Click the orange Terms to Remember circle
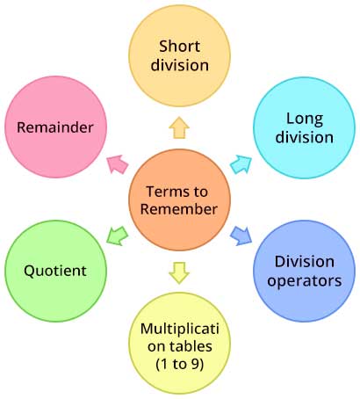click(x=179, y=200)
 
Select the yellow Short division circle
click(x=179, y=54)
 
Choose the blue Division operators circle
click(x=304, y=270)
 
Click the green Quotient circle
click(x=55, y=271)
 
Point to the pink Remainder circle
click(x=55, y=127)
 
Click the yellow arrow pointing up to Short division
click(x=179, y=128)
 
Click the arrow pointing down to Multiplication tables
click(x=179, y=272)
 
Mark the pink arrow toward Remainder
click(x=116, y=163)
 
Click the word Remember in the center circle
click(x=179, y=210)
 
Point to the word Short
click(x=179, y=45)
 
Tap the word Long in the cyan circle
click(x=303, y=118)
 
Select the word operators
click(x=304, y=280)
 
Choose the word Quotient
click(x=55, y=271)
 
